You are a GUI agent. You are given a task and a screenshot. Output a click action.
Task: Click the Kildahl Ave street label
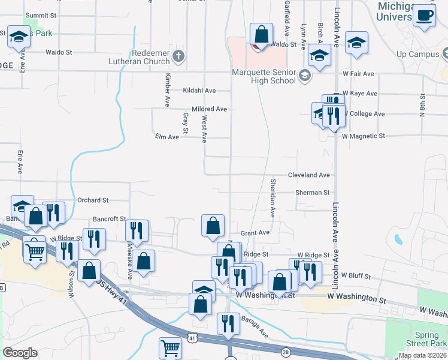pyautogui.click(x=199, y=90)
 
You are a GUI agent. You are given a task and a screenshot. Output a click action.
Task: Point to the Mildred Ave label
pyautogui.click(x=209, y=109)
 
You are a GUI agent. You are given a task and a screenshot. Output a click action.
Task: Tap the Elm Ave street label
pyautogui.click(x=167, y=137)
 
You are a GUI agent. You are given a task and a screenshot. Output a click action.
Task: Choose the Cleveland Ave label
pyautogui.click(x=308, y=175)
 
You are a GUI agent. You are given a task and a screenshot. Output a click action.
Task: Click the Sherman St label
pyautogui.click(x=312, y=193)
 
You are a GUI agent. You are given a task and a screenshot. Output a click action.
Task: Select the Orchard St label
pyautogui.click(x=92, y=200)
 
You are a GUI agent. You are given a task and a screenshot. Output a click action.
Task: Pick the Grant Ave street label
pyautogui.click(x=255, y=232)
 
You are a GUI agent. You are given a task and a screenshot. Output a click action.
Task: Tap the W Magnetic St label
pyautogui.click(x=363, y=136)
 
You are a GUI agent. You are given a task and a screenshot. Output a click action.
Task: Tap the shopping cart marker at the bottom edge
pyautogui.click(x=171, y=348)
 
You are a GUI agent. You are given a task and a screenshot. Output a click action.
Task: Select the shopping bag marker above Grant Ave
pyautogui.click(x=213, y=226)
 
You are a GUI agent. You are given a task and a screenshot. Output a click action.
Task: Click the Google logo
pyautogui.click(x=20, y=353)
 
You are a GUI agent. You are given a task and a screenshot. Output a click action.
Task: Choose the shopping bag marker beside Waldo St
pyautogui.click(x=262, y=34)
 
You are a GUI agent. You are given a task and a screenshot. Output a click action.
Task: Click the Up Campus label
pyautogui.click(x=419, y=55)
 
